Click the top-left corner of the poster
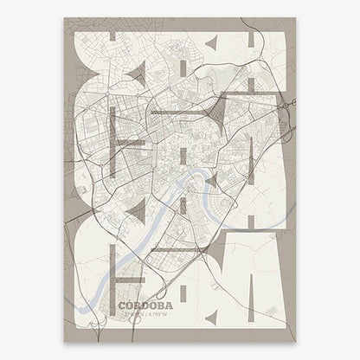tap(64, 18)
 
